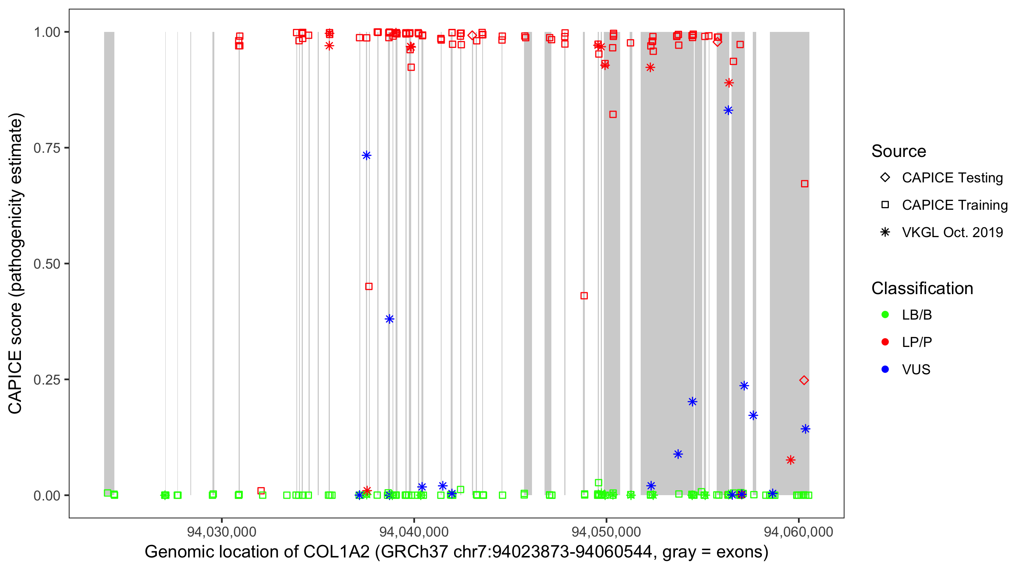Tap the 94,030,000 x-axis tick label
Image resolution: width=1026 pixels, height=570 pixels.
point(222,532)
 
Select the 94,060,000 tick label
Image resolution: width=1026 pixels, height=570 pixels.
point(798,532)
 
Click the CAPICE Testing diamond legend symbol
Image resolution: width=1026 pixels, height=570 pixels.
point(885,177)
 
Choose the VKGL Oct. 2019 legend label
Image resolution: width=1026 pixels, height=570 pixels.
point(952,232)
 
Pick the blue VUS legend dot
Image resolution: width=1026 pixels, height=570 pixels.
point(885,369)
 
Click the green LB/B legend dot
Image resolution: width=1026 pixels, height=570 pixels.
point(885,315)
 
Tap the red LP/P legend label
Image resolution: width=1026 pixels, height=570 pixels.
point(917,342)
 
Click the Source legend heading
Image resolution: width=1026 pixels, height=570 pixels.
point(899,151)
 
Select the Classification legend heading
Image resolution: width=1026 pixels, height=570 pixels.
point(922,288)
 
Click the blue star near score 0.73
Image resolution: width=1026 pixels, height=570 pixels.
point(366,155)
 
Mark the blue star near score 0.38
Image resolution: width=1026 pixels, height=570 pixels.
point(389,319)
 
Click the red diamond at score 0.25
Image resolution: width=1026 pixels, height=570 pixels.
point(804,380)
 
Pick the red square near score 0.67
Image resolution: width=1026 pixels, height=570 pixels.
point(804,184)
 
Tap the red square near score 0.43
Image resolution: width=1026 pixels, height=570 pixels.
point(584,296)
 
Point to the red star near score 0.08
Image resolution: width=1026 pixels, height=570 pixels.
point(791,460)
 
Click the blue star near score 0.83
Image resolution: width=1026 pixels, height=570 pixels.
point(728,110)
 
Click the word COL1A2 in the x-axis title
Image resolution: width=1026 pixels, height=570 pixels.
point(337,552)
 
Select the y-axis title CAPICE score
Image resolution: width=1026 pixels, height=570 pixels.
point(15,358)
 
